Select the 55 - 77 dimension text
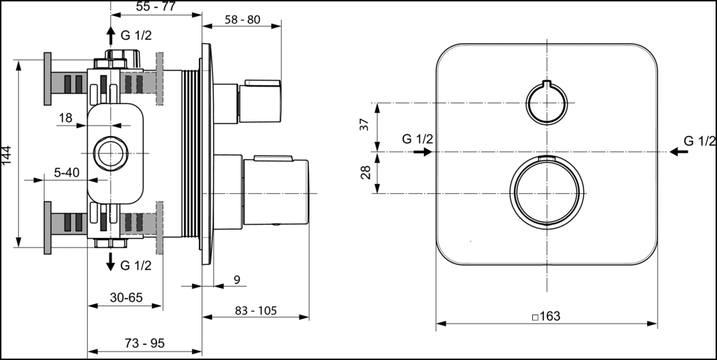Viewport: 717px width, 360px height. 156,6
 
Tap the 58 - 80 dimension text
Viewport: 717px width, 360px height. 242,20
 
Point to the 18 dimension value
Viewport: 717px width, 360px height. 66,118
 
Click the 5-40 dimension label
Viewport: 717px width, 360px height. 67,173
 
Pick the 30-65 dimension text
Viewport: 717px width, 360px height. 126,298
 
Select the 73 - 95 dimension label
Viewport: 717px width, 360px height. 144,343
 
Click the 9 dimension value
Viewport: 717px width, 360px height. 237,280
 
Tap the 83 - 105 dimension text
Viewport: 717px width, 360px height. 256,310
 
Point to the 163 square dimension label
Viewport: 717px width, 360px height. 546,316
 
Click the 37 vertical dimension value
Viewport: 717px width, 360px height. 365,124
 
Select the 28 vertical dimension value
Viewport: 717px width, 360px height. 365,172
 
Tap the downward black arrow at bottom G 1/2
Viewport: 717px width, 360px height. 110,261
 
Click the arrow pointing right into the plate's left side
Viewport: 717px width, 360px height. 423,151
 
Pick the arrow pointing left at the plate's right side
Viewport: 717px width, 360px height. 679,151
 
